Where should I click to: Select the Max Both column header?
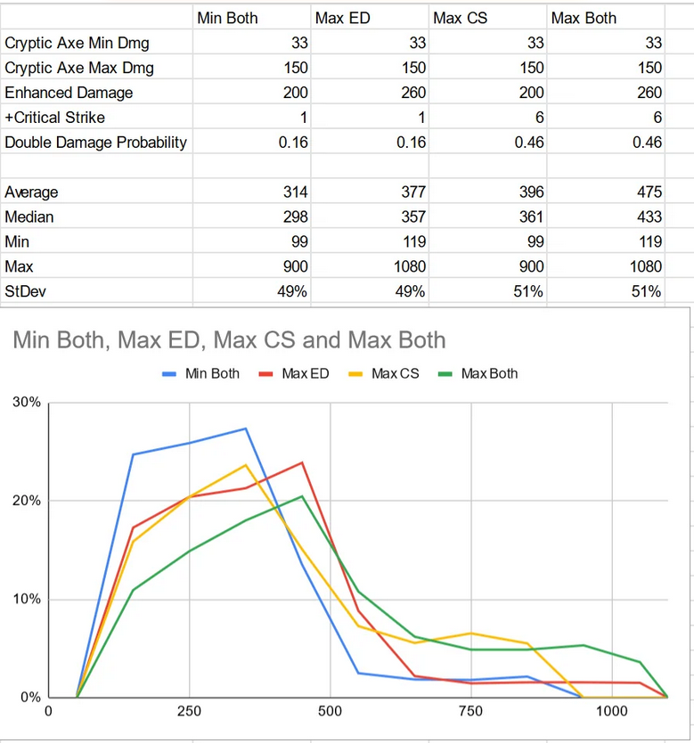tap(584, 18)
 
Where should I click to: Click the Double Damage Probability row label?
tap(95, 143)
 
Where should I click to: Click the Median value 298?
tap(295, 217)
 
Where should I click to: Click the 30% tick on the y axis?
tap(27, 403)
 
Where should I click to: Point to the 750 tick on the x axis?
tap(470, 712)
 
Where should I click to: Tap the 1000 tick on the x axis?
tap(611, 712)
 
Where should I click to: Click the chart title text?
tap(229, 340)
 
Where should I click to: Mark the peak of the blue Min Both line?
tap(246, 429)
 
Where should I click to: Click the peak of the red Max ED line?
tap(302, 462)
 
